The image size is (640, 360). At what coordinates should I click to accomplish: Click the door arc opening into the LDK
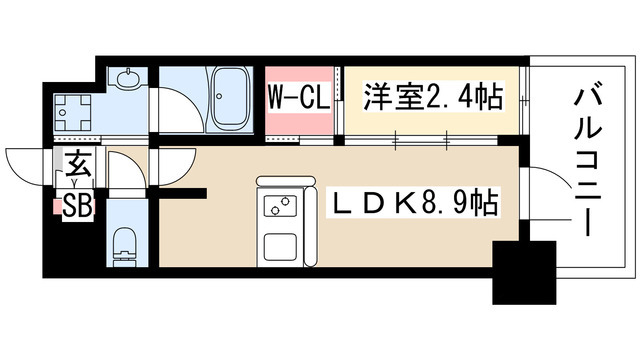172,176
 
